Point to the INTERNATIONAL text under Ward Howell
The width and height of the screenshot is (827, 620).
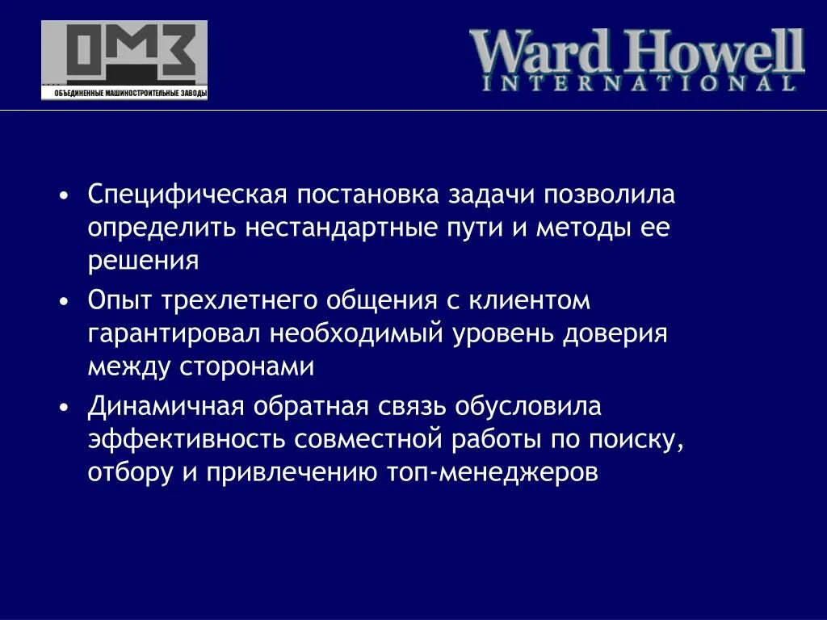point(638,82)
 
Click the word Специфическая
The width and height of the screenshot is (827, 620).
point(188,195)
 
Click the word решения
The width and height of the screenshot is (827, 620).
point(143,260)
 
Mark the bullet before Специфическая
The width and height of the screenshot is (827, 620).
point(64,197)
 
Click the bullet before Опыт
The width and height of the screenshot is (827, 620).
point(64,302)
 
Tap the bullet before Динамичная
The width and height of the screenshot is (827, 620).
point(64,407)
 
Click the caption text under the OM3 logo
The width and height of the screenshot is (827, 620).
point(124,94)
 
